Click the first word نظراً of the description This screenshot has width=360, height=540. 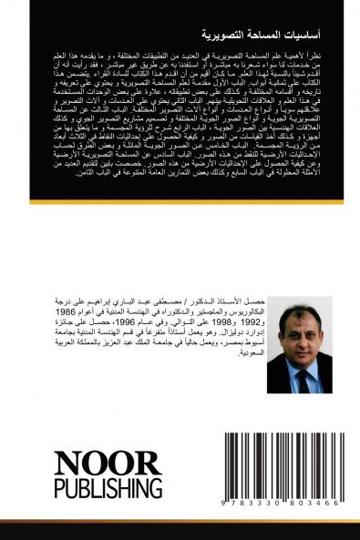click(x=307, y=81)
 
